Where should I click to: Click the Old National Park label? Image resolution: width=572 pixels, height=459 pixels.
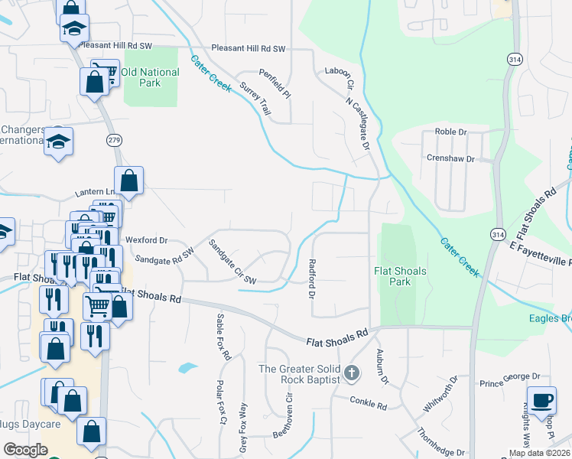[x=150, y=77]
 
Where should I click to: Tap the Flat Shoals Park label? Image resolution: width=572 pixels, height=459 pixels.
[x=392, y=276]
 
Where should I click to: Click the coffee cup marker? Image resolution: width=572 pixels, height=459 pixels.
[x=542, y=399]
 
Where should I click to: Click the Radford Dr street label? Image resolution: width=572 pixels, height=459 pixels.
[x=312, y=278]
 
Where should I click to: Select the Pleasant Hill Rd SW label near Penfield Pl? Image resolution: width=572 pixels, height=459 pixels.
[x=248, y=48]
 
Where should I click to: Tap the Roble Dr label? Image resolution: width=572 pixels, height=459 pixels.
[x=450, y=132]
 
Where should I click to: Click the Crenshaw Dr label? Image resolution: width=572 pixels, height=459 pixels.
[x=450, y=159]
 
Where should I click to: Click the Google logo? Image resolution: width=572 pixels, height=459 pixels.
[x=25, y=449]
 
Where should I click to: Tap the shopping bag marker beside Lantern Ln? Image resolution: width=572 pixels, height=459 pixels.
[x=129, y=182]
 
